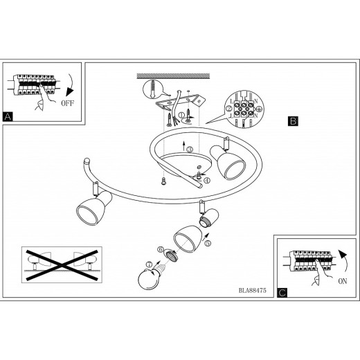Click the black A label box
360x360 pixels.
[x=8, y=117]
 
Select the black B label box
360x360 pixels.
[x=293, y=121]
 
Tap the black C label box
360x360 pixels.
[x=282, y=293]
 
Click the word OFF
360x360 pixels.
[x=68, y=103]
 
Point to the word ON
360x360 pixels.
[x=343, y=281]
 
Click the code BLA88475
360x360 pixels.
[x=253, y=290]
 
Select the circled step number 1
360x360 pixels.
[x=181, y=114]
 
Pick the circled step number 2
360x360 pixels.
[x=228, y=108]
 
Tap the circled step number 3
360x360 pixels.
[x=190, y=150]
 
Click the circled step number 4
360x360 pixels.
[x=207, y=181]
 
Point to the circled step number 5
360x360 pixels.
[x=208, y=243]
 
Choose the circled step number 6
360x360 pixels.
[x=160, y=249]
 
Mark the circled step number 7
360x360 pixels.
[x=150, y=264]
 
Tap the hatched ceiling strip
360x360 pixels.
[x=173, y=76]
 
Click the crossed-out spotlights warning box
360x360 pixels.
[x=62, y=264]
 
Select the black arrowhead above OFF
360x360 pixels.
[x=69, y=92]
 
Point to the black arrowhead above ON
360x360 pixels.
[x=343, y=254]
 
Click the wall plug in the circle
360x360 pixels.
[x=153, y=89]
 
